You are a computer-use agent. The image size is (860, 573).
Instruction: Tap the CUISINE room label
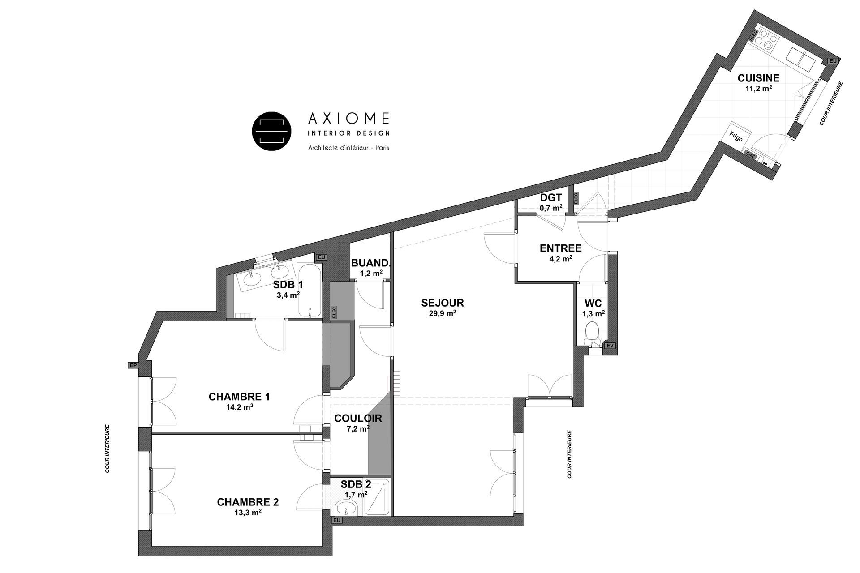758,78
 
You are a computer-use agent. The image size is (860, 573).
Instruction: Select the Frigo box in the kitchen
736,137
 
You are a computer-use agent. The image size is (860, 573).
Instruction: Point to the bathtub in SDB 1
310,291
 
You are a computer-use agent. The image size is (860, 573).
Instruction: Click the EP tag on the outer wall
133,365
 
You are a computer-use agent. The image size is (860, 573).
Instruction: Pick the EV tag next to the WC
609,346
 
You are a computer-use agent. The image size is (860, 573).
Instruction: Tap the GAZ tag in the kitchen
750,154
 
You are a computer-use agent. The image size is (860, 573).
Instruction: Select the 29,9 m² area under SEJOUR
442,313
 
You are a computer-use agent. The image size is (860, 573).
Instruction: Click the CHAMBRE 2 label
248,502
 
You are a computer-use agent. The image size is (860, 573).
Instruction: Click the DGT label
551,198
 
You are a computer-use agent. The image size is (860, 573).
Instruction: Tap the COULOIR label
358,419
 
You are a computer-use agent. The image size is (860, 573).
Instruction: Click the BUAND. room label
370,263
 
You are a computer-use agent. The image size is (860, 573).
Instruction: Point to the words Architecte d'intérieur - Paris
348,147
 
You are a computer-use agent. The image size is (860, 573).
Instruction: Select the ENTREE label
560,248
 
